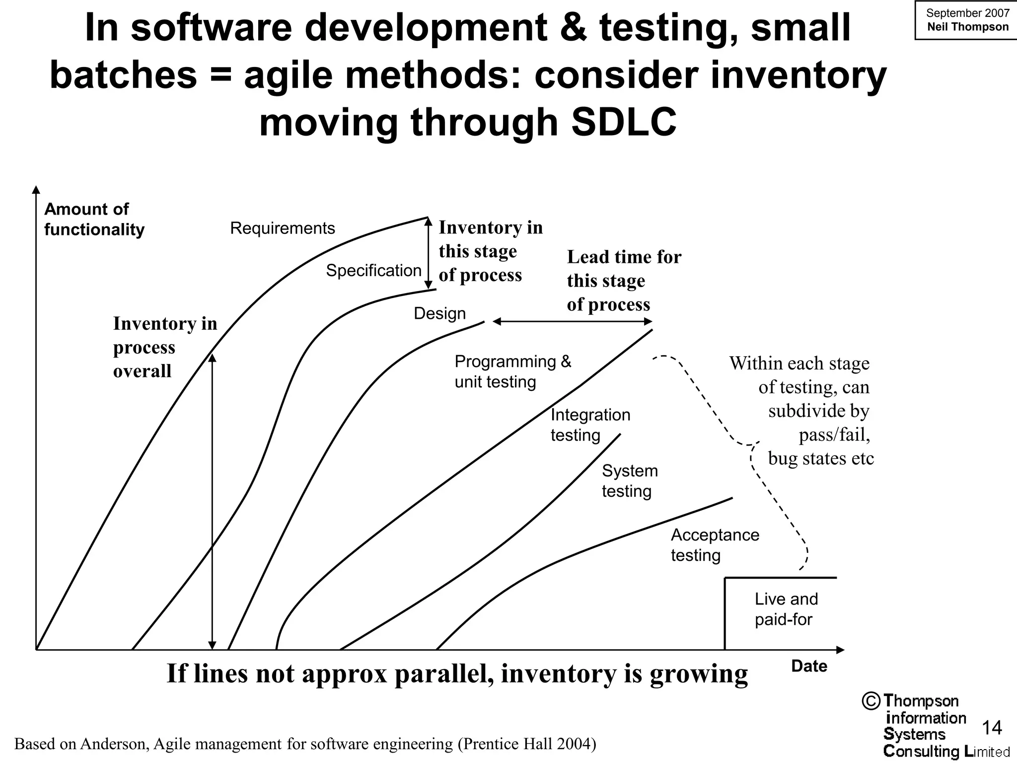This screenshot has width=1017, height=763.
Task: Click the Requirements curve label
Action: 282,229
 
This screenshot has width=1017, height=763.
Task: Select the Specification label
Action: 373,271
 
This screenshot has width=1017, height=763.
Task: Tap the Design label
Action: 439,313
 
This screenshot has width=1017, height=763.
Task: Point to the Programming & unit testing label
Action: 512,372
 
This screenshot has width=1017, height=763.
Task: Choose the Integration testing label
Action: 590,425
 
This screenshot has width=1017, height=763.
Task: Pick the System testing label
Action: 629,481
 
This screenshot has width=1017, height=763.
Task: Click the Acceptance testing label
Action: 715,545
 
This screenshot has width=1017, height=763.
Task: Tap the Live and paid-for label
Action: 786,609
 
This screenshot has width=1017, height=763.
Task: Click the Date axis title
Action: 809,666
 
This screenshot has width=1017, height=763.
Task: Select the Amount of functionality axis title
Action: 94,219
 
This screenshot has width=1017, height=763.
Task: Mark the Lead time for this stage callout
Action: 624,281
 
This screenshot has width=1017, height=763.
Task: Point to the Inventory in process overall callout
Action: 165,347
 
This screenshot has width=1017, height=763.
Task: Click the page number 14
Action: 992,728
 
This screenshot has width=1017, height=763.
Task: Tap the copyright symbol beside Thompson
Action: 871,701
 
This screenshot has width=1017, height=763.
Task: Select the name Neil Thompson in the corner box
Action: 968,27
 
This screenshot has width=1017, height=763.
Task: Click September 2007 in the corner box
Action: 968,13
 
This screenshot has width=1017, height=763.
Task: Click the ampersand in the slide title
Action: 574,28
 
